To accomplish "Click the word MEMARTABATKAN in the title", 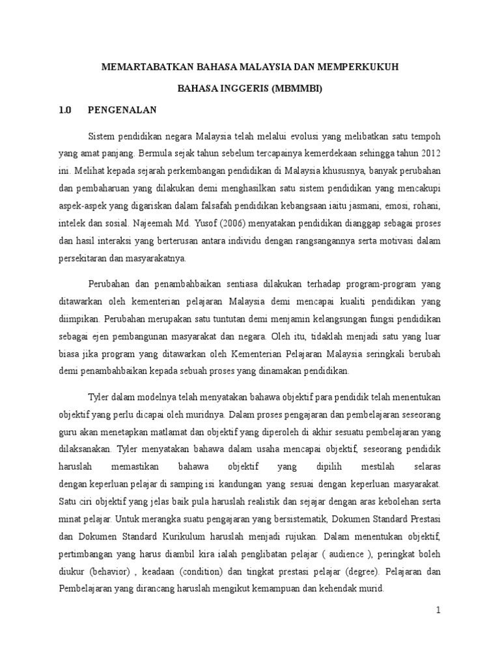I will tap(140, 67).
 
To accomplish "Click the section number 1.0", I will tap(64, 110).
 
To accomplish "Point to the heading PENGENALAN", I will tap(122, 110).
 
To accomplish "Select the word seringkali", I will tap(378, 355).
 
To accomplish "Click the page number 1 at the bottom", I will tap(439, 610).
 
